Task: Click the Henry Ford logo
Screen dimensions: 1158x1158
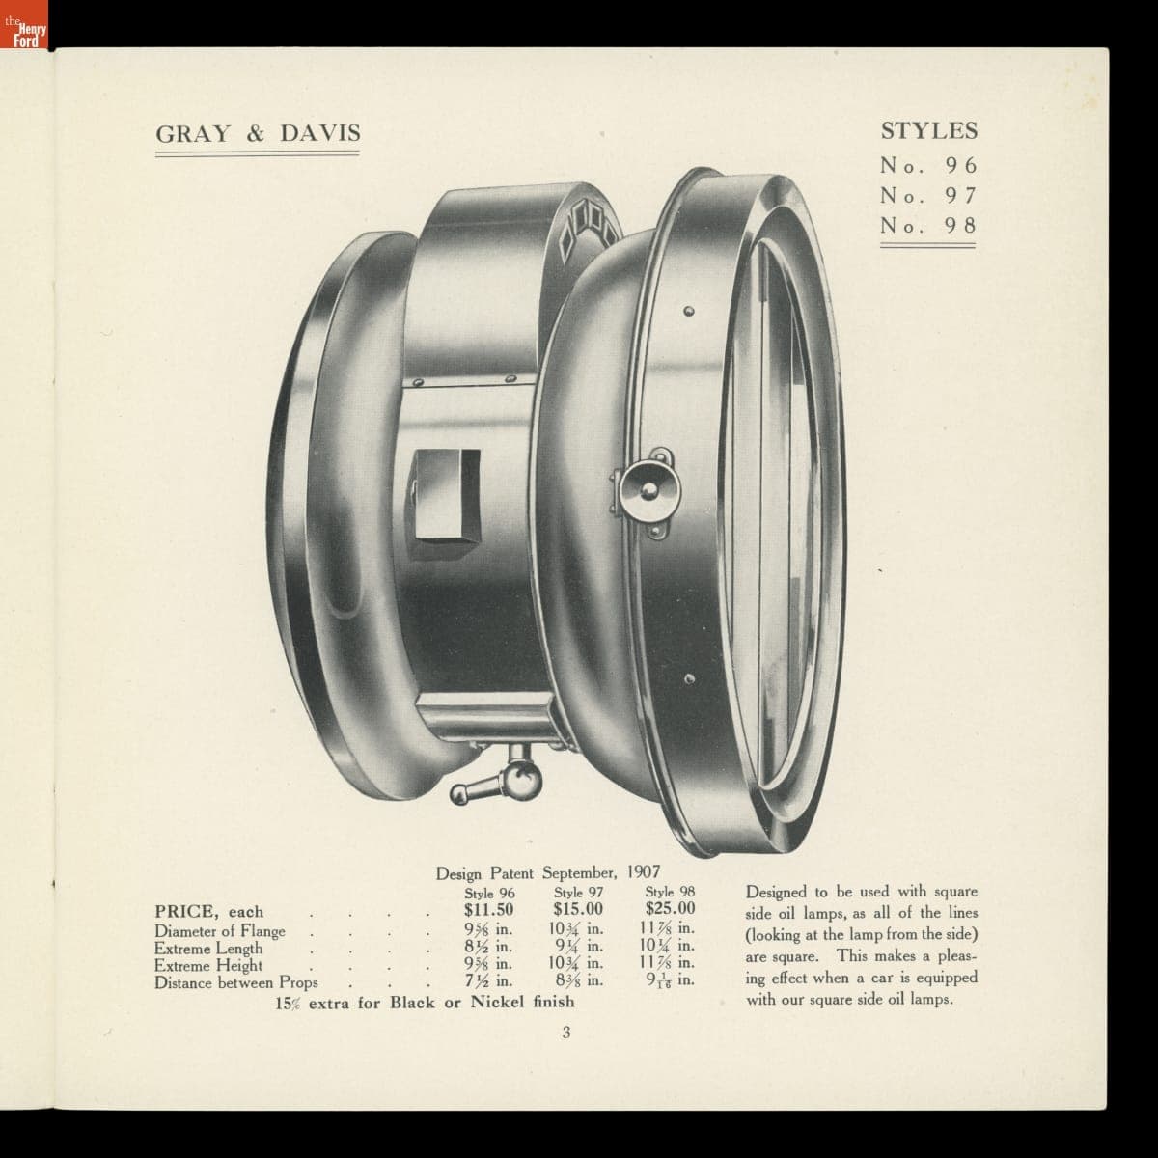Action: (x=23, y=24)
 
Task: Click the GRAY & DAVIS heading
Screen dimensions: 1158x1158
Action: (x=258, y=133)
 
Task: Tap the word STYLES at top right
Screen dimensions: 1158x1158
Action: (x=929, y=131)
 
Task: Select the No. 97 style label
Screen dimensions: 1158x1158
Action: (x=929, y=195)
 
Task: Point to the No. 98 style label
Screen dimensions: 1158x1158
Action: (x=929, y=226)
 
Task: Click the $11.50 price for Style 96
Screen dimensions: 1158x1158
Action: (x=488, y=909)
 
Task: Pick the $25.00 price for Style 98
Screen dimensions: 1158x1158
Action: (x=670, y=908)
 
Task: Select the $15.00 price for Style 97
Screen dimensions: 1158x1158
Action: (x=578, y=909)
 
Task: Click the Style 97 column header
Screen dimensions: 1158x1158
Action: (x=578, y=893)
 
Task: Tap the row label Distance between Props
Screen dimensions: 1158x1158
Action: (x=236, y=983)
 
